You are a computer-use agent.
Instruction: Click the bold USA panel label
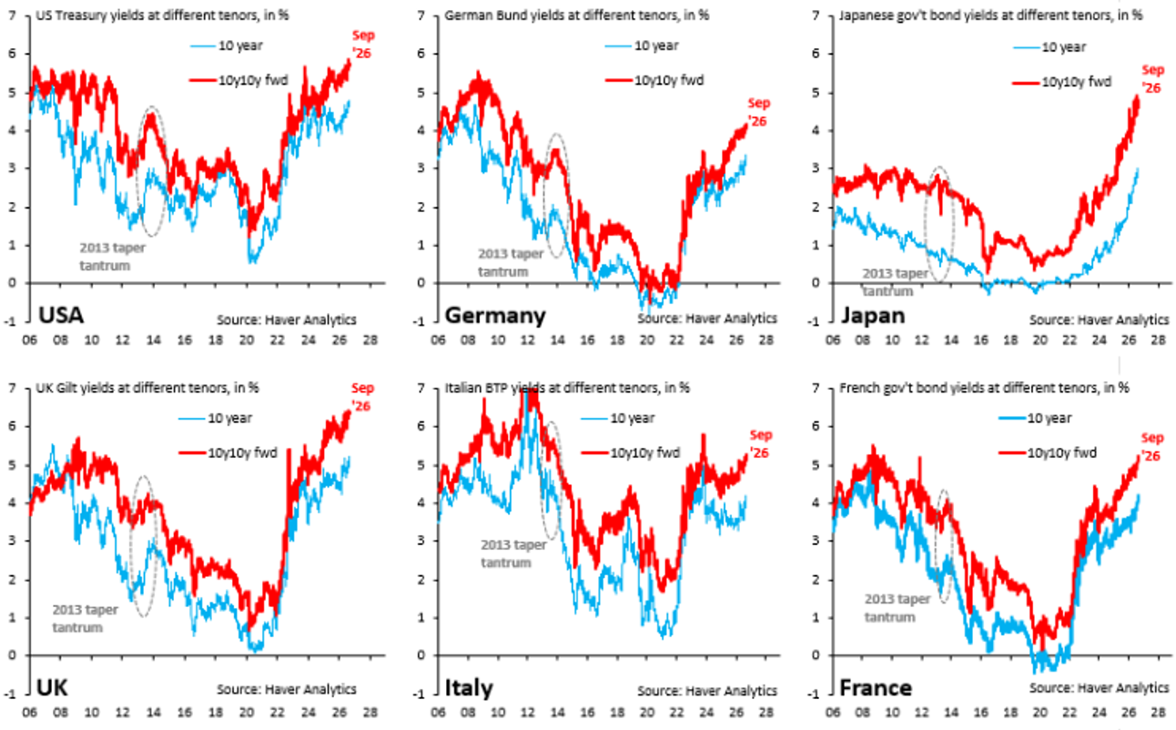(61, 316)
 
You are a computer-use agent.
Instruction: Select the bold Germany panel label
(495, 316)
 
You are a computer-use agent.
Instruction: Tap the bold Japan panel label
(873, 316)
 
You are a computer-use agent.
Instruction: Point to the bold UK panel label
(52, 688)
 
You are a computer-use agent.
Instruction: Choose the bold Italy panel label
(469, 688)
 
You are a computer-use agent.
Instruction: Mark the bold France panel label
(876, 688)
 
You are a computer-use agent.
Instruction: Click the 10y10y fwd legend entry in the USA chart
(238, 80)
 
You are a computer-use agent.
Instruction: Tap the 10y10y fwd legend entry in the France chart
(1048, 452)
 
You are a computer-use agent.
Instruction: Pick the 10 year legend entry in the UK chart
(215, 419)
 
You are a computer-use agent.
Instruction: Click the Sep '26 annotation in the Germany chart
(758, 112)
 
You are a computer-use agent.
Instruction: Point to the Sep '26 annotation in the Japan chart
(1152, 79)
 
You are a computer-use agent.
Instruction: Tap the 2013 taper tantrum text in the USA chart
(112, 257)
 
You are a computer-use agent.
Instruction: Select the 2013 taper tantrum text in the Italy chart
(513, 553)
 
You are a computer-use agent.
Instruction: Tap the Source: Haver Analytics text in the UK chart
(287, 689)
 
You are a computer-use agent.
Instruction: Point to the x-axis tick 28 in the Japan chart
(1158, 340)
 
